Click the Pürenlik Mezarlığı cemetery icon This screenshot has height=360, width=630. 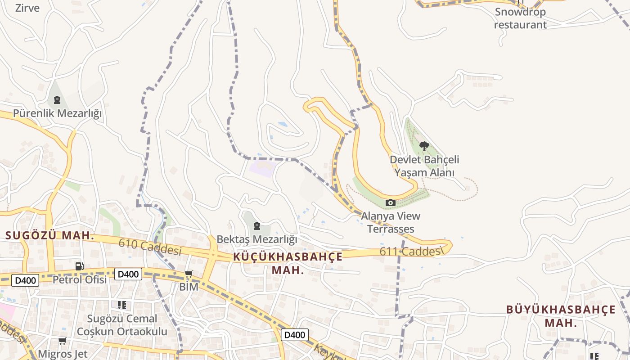[57, 99]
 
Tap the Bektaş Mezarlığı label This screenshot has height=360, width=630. [257, 239]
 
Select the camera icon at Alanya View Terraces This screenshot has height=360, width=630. [391, 203]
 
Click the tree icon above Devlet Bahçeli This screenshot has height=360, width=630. [424, 146]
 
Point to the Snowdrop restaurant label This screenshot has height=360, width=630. [520, 18]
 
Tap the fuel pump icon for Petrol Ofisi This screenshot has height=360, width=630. [80, 266]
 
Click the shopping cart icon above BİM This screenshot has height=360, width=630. [189, 274]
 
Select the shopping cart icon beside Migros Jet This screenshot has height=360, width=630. [62, 341]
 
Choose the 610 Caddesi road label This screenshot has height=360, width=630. [150, 247]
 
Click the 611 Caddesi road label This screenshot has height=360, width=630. [409, 252]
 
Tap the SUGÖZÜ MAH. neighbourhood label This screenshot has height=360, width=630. [49, 235]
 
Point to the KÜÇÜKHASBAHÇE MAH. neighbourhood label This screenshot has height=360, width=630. [288, 263]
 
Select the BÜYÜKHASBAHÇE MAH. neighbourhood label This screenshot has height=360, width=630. [561, 316]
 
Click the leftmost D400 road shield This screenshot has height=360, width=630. [25, 280]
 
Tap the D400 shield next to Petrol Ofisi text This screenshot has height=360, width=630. [128, 274]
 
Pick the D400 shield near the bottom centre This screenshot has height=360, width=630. [295, 335]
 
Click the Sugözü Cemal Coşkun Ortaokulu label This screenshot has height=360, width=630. [122, 325]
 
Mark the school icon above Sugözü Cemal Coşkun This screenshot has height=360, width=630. [121, 305]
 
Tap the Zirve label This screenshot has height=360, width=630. [27, 8]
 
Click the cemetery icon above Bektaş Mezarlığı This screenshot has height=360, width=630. [257, 225]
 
